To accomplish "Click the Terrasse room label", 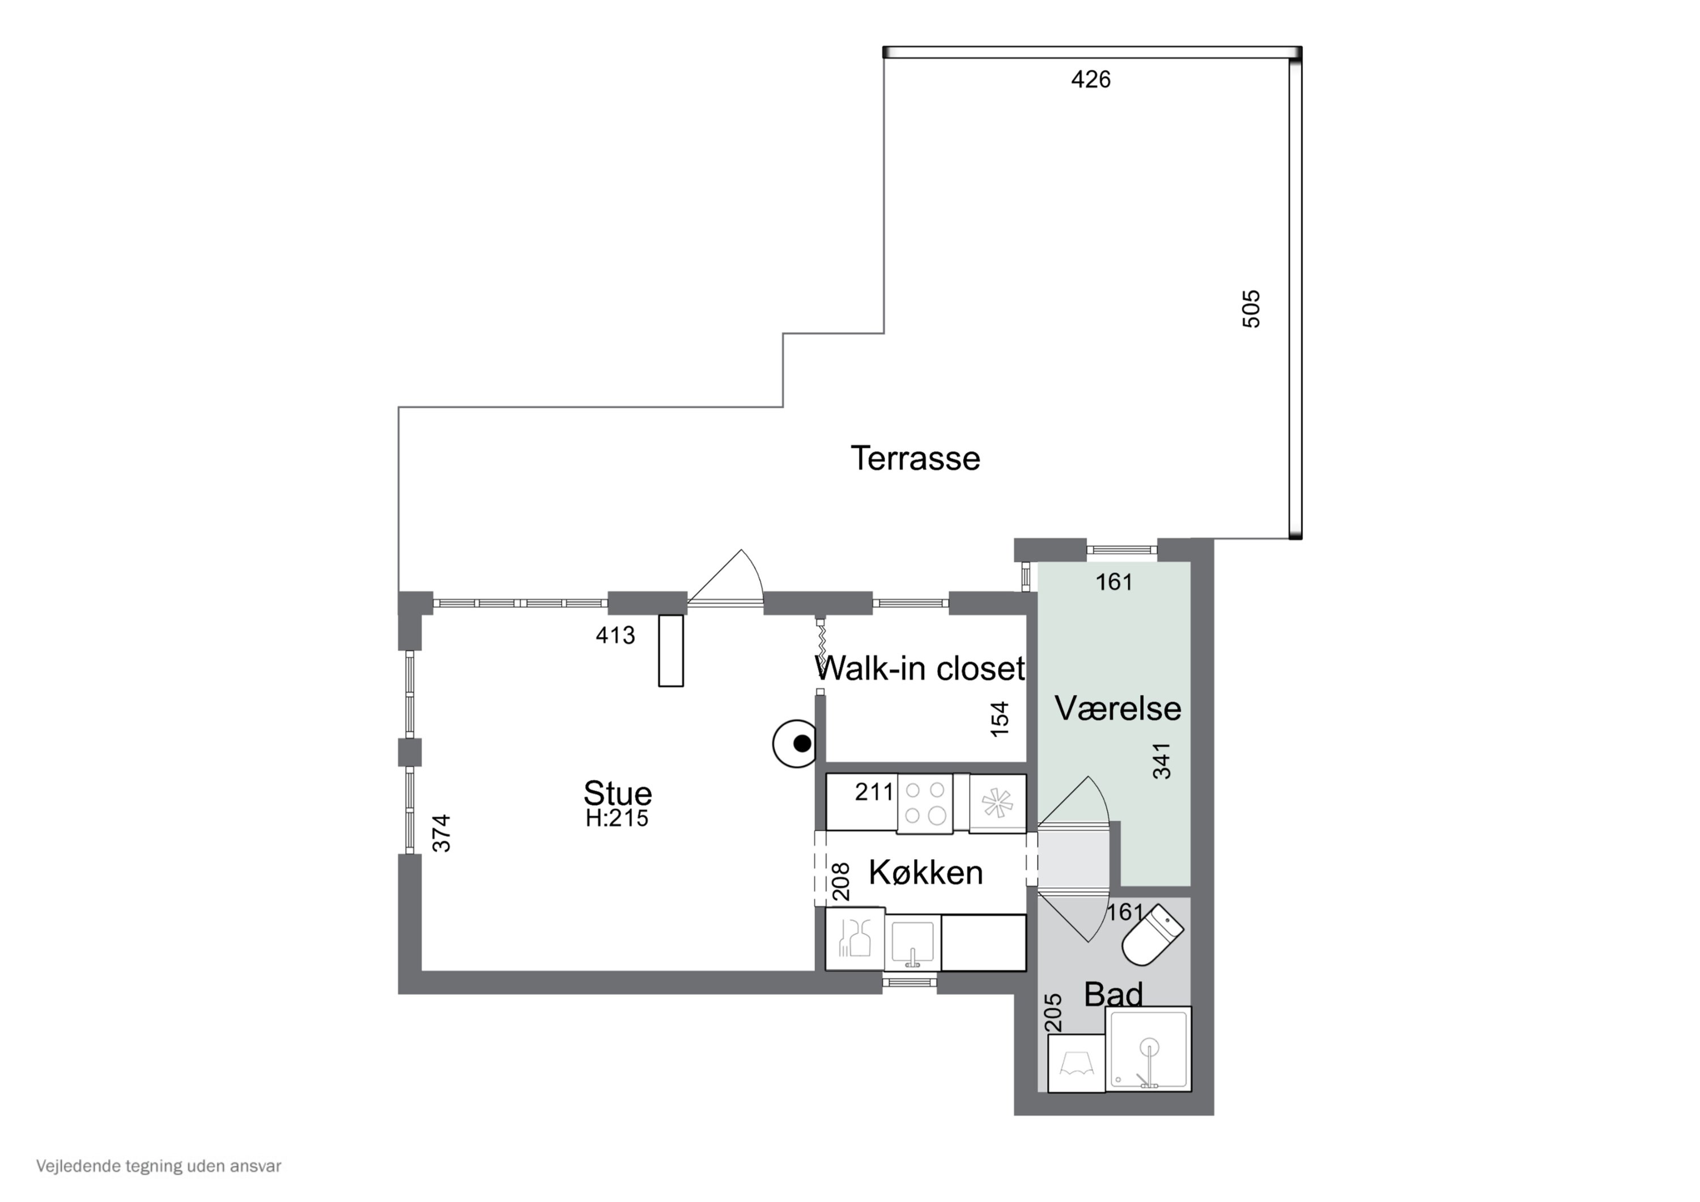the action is (915, 458).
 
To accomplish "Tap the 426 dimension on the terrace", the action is (1091, 79).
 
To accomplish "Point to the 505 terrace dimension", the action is (1251, 308).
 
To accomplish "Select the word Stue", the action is (618, 793).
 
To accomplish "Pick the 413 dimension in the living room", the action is (615, 635).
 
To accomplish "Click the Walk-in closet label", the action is (920, 668).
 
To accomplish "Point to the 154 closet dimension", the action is (1000, 719).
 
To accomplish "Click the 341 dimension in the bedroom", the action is (1162, 761).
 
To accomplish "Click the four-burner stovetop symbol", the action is (925, 803).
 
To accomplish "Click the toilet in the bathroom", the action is (1152, 936).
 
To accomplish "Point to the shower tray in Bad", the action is (1149, 1048).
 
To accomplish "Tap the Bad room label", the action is (1113, 994).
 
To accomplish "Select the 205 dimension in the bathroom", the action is (1053, 1012).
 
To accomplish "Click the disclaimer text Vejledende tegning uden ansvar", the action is (159, 1166).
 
